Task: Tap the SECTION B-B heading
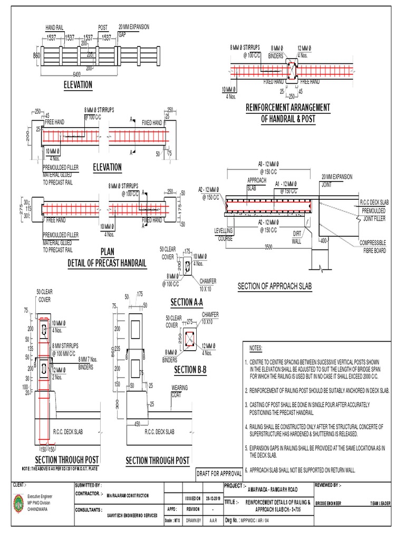click(x=190, y=371)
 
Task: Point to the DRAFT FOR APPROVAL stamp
click(x=218, y=473)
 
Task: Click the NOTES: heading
click(x=255, y=349)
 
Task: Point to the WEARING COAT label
click(x=179, y=390)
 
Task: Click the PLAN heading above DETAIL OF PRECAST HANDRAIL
click(x=107, y=252)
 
